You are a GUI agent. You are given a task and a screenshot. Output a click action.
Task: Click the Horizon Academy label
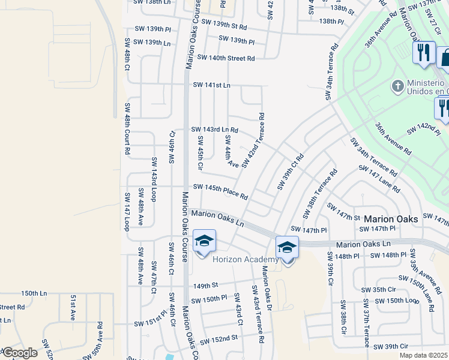click(x=246, y=259)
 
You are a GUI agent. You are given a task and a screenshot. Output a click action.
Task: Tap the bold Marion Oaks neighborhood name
click(x=391, y=219)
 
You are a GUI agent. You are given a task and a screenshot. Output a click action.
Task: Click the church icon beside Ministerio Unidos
click(x=397, y=86)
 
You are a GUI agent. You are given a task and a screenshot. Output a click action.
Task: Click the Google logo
click(x=19, y=353)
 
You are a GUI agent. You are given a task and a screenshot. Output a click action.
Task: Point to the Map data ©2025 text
click(x=424, y=355)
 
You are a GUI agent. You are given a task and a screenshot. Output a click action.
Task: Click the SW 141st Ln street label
click(x=211, y=85)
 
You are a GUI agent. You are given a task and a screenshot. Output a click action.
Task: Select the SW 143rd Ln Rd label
click(x=214, y=130)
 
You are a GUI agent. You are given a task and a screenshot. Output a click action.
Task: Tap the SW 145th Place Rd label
click(x=219, y=191)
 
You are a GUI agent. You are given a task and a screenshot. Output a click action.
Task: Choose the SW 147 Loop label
click(x=127, y=211)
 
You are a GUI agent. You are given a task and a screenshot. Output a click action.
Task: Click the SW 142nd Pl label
click(x=424, y=130)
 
